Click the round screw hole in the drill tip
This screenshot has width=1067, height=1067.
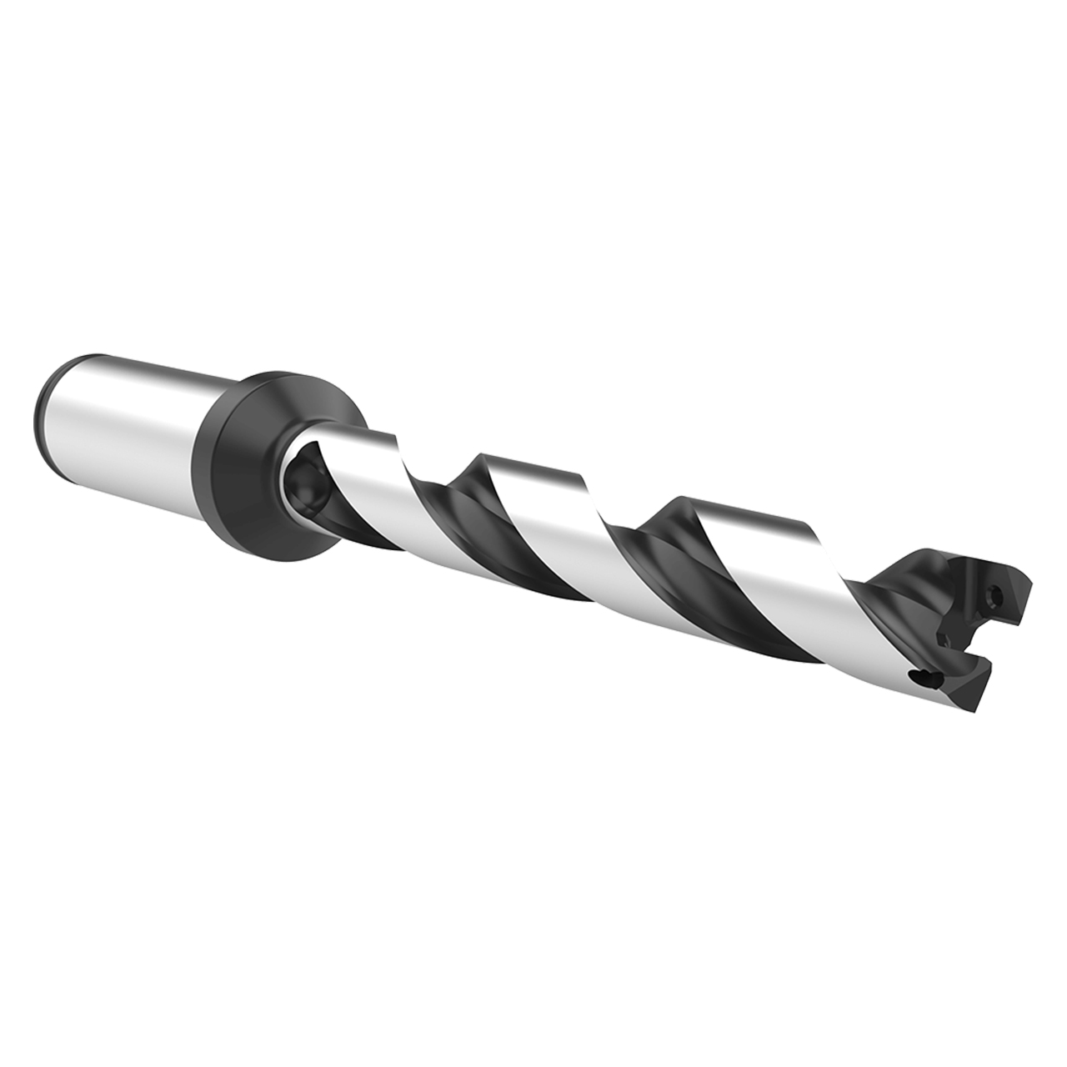click(993, 595)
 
